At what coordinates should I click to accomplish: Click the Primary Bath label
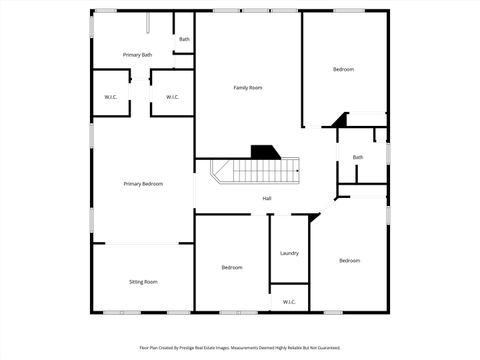click(138, 55)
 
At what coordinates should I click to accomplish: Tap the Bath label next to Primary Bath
click(184, 40)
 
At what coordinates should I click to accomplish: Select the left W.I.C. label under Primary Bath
click(111, 97)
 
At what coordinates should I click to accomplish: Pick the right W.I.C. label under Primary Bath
click(172, 97)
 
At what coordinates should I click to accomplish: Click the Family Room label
click(248, 88)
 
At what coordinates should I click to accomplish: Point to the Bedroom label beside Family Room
click(343, 69)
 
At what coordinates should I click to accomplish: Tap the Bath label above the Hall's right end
click(358, 157)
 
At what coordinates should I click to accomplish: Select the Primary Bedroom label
click(143, 184)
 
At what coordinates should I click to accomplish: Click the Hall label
click(267, 198)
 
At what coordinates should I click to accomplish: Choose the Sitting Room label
click(143, 282)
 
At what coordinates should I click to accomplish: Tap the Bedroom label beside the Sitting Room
click(232, 267)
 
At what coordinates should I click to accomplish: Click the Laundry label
click(289, 253)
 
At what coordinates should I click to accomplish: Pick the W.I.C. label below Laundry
click(289, 301)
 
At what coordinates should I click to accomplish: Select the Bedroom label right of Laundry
click(349, 261)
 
